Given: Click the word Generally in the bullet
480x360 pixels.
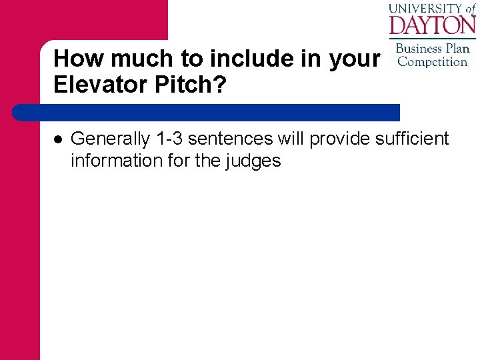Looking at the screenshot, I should (x=110, y=139).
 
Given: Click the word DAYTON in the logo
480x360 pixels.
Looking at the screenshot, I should (x=432, y=25).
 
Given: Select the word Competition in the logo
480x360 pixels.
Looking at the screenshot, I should (x=432, y=62).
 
